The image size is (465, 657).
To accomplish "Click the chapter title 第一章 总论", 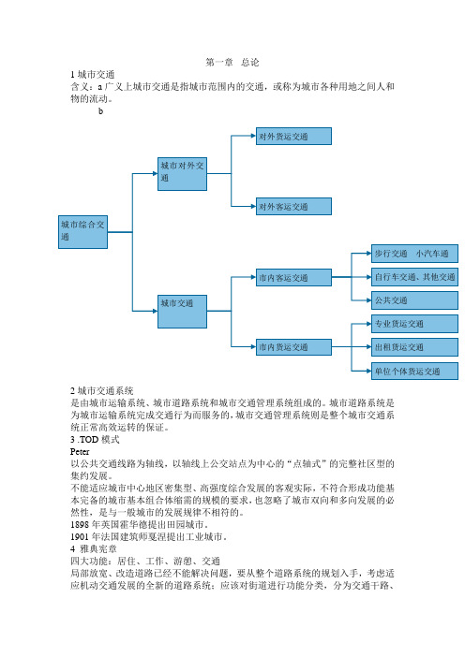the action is click(x=232, y=63).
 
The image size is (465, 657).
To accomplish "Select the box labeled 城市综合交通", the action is click(x=82, y=232).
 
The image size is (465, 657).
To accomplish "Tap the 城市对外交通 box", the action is click(x=182, y=174).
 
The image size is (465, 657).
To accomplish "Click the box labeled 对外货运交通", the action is click(x=293, y=137).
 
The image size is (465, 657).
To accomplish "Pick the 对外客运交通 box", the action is click(x=293, y=206).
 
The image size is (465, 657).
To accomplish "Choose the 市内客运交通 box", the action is click(x=293, y=277).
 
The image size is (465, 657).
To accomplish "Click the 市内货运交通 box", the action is click(x=293, y=347).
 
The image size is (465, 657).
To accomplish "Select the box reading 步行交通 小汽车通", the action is click(x=414, y=254).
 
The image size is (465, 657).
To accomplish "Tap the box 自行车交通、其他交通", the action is click(x=414, y=277).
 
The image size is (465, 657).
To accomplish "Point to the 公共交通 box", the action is click(x=414, y=300).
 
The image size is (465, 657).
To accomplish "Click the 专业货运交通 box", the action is click(x=414, y=324).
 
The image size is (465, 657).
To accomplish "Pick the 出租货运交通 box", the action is click(x=414, y=347).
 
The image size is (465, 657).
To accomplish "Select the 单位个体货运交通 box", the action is click(x=414, y=371).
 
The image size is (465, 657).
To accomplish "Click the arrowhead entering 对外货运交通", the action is click(x=253, y=136).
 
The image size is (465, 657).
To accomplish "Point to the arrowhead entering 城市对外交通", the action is click(x=155, y=173).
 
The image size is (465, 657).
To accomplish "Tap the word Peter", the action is click(x=80, y=452).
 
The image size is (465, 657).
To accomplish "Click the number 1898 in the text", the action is click(x=80, y=525).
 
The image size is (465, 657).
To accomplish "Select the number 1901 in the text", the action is click(x=80, y=537).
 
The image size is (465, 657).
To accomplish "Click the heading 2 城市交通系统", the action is click(x=102, y=391).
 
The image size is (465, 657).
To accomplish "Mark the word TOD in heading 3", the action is click(x=89, y=440).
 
